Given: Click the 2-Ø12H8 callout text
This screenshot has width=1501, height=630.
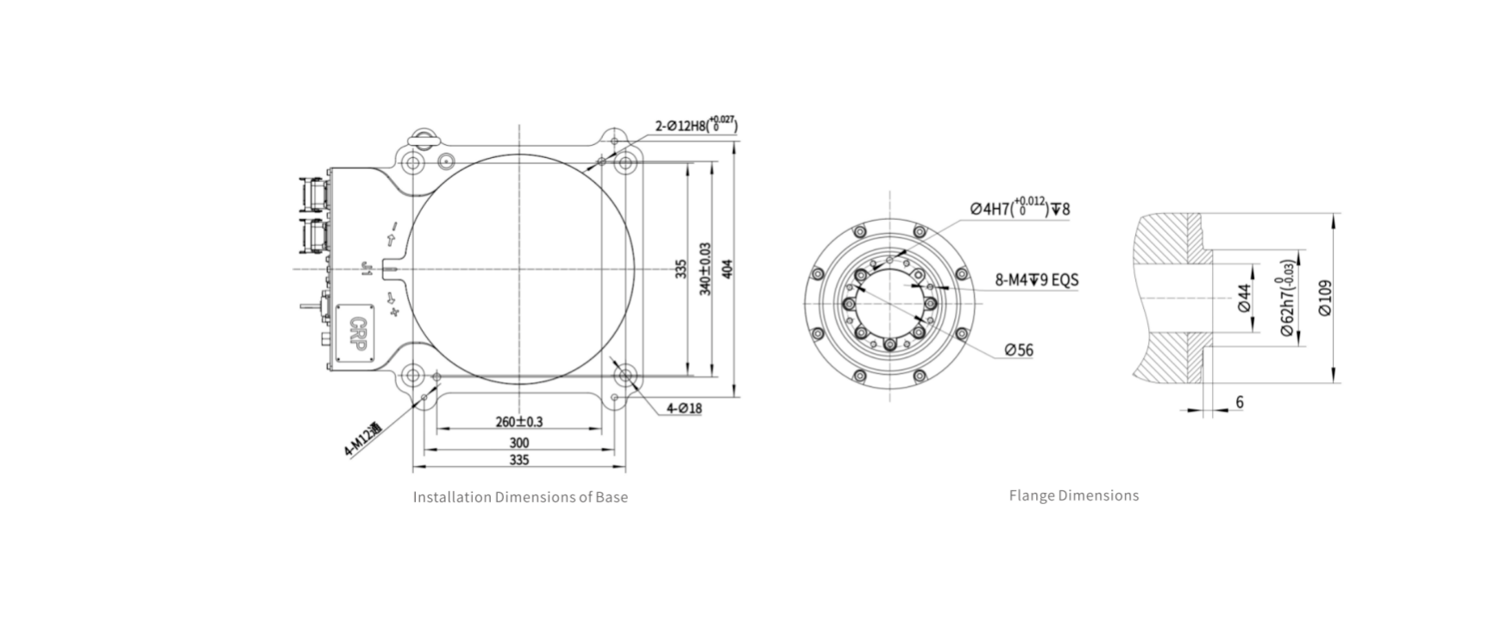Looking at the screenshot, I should [695, 126].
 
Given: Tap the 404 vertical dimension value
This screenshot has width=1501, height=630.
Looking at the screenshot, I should [727, 268].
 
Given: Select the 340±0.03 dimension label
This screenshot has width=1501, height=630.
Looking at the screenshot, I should [705, 268].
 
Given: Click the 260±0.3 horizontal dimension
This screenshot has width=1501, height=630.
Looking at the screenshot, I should [519, 422].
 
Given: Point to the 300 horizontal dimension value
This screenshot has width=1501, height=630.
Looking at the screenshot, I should [519, 443].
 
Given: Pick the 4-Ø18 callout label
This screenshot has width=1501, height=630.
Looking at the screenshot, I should [684, 408].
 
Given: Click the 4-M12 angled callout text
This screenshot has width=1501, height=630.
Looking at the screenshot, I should [363, 440].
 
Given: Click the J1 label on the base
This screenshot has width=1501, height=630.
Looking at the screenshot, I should [366, 270].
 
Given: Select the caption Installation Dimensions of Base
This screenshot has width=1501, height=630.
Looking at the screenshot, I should [520, 497].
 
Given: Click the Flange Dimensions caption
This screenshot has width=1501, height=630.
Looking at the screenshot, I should [1073, 495].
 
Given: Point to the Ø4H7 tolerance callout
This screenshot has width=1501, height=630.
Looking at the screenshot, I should [1019, 209].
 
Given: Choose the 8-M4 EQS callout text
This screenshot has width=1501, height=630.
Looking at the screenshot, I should [1036, 280].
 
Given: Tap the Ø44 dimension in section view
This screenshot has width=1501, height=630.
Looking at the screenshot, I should [1244, 297].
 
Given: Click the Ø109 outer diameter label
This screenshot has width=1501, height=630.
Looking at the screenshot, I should [1325, 298].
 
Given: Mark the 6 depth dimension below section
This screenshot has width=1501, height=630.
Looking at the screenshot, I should [1240, 402].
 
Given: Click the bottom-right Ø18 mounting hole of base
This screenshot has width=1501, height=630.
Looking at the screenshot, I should [625, 375].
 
